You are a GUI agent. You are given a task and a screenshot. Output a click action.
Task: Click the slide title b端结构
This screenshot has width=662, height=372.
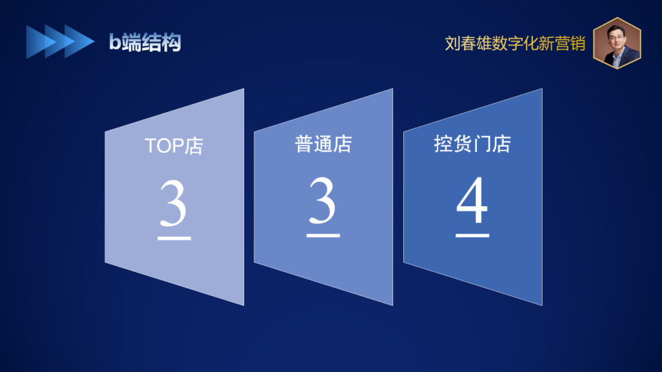[x=145, y=42]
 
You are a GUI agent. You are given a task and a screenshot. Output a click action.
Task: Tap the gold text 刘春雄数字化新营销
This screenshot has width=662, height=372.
[x=515, y=43]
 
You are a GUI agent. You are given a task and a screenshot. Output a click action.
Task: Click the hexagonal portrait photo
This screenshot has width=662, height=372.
[x=617, y=43]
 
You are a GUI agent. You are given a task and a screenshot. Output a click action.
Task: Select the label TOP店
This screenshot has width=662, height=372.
[x=174, y=146]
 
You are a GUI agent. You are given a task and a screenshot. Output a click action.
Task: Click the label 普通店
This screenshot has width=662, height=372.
[x=323, y=144]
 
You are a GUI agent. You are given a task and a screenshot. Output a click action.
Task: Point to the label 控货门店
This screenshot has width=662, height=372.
[x=473, y=144]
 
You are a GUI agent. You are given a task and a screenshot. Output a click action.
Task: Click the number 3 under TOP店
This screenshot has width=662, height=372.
[x=173, y=203]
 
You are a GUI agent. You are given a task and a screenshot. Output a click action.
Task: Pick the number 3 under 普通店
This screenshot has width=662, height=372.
[x=322, y=201]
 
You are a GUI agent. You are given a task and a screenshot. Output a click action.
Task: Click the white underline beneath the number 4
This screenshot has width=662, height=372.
[x=473, y=236]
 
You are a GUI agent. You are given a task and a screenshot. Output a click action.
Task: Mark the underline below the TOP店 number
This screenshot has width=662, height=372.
[x=174, y=239]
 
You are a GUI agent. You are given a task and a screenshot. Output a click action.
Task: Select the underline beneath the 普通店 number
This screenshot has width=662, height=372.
[x=323, y=236]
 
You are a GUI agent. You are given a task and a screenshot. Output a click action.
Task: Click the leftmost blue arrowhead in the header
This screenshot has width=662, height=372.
[x=38, y=42]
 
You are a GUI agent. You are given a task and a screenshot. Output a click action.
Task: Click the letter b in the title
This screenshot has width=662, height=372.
[x=115, y=42]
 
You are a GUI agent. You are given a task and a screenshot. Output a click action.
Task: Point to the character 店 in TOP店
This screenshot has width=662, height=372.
[x=194, y=146]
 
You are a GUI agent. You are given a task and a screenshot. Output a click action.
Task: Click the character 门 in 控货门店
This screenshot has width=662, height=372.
[x=482, y=144]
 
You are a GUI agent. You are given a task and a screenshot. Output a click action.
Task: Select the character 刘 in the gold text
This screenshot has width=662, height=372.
[x=452, y=43]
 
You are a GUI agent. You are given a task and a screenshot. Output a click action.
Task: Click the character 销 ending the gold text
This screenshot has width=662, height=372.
[x=577, y=43]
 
